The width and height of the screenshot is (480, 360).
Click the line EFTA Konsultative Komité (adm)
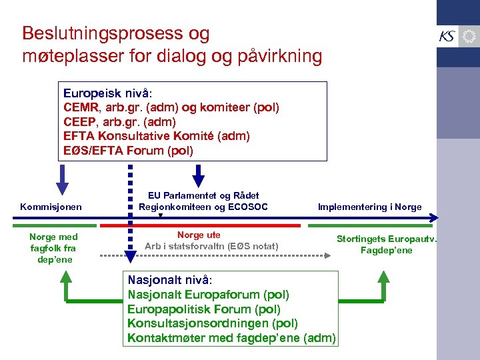pos(157,136)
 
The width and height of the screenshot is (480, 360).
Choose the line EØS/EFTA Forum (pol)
pos(128,151)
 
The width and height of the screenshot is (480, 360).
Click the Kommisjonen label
pos(51,207)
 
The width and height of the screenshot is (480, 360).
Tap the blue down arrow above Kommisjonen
pos(62,179)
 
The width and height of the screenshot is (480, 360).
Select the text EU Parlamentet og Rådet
pos(203,195)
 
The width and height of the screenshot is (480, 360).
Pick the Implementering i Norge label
pos(369,207)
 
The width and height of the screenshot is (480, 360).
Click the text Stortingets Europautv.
pos(386,238)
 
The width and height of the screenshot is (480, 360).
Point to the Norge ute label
pos(199,235)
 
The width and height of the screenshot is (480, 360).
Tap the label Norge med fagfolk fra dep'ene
pos(53,247)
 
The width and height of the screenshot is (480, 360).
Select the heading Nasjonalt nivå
pos(169,280)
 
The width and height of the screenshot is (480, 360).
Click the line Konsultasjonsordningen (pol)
pos(212,323)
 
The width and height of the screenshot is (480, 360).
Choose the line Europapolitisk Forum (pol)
pos(204,309)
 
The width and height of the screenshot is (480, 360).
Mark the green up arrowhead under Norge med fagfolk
pos(65,275)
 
